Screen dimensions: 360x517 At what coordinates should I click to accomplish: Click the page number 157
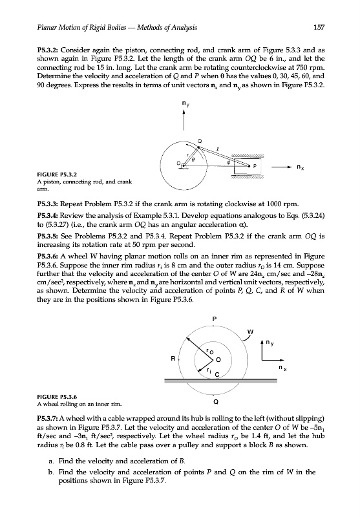point(319,27)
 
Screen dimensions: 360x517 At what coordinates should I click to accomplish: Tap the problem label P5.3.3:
point(48,204)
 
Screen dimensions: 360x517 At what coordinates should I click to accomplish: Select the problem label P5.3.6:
point(48,257)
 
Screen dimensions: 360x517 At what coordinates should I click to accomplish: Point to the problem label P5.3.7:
point(48,419)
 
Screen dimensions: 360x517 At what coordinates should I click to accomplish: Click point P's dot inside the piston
point(249,166)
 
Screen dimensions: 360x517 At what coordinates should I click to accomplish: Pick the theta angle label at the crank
point(194,159)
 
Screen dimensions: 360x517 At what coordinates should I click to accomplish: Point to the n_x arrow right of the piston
point(282,167)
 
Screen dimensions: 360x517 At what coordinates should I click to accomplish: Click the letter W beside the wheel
point(251,332)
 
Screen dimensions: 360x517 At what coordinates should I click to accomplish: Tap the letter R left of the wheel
point(173,359)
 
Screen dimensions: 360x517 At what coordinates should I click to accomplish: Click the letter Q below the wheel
point(215,402)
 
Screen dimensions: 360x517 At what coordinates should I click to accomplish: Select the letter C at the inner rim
point(217,375)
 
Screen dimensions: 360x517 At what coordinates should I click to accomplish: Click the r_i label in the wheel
point(208,370)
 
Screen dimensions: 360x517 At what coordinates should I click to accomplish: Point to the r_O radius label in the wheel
point(209,352)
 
